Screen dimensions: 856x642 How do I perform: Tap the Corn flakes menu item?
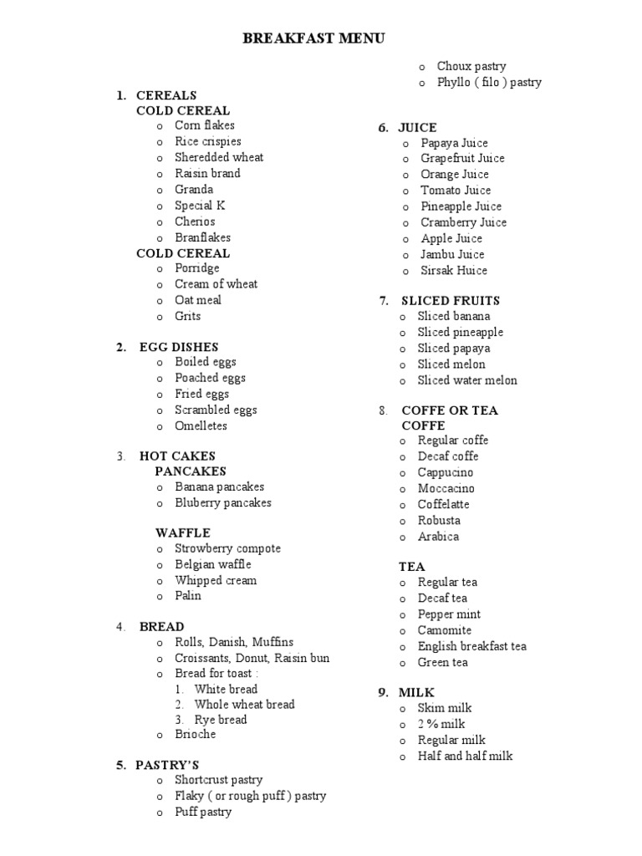[205, 125]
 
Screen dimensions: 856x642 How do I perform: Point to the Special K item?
[201, 206]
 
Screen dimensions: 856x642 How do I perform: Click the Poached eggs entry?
[210, 378]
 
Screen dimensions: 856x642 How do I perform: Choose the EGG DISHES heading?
[179, 347]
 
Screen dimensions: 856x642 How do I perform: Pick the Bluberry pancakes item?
[223, 503]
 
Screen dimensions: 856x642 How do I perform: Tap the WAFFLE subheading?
[183, 533]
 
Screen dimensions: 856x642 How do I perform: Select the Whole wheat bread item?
[244, 705]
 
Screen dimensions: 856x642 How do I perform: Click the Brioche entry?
[196, 735]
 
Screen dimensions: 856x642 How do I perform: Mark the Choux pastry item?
[471, 66]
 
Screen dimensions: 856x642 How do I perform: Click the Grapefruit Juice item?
[463, 158]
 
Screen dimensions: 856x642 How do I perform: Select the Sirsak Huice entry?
[454, 270]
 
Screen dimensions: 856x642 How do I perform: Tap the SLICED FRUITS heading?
[451, 301]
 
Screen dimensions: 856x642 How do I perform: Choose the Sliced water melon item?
[468, 380]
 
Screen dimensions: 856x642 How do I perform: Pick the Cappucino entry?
[446, 472]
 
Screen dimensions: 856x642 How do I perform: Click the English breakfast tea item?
[472, 646]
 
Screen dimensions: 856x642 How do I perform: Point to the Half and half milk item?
[466, 756]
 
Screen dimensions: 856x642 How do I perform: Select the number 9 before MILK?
[382, 693]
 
